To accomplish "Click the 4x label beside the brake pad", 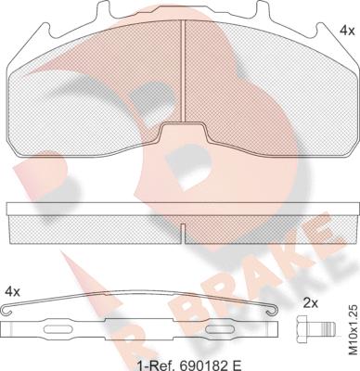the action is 347,31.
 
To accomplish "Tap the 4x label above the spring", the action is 13,291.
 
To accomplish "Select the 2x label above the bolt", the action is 311,303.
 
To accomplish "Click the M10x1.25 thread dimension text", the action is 354,330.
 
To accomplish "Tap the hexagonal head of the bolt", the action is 302,329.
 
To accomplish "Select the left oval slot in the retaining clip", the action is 58,329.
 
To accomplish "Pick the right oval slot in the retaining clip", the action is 220,329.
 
